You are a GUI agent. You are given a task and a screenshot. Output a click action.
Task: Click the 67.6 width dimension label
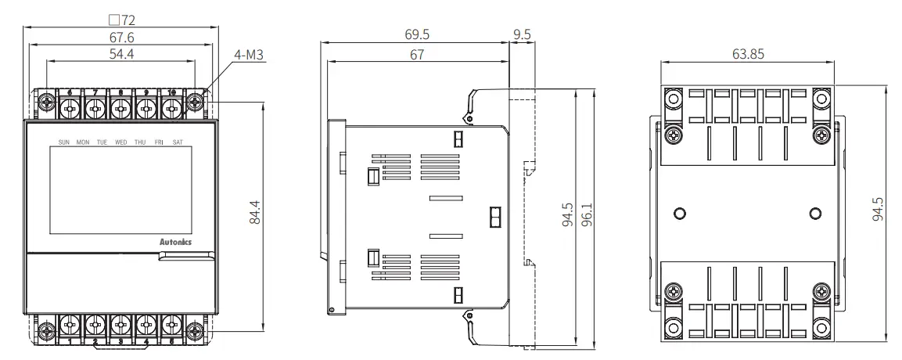pos(120,36)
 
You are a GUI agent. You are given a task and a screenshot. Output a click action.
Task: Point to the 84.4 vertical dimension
pos(254,213)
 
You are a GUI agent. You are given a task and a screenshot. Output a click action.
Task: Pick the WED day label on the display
pos(121,142)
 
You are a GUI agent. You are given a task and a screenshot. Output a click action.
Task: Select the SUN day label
pos(64,142)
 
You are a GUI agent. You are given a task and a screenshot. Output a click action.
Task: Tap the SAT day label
pos(178,142)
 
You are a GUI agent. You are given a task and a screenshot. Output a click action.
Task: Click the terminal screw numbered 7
pos(95,106)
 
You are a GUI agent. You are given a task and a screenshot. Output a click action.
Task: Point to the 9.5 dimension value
pos(522,35)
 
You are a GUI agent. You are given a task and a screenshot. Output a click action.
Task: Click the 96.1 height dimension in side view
pos(587,215)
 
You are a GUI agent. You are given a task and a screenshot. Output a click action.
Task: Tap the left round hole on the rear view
pos(680,213)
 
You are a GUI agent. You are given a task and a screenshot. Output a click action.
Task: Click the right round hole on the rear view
pos(815,213)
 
